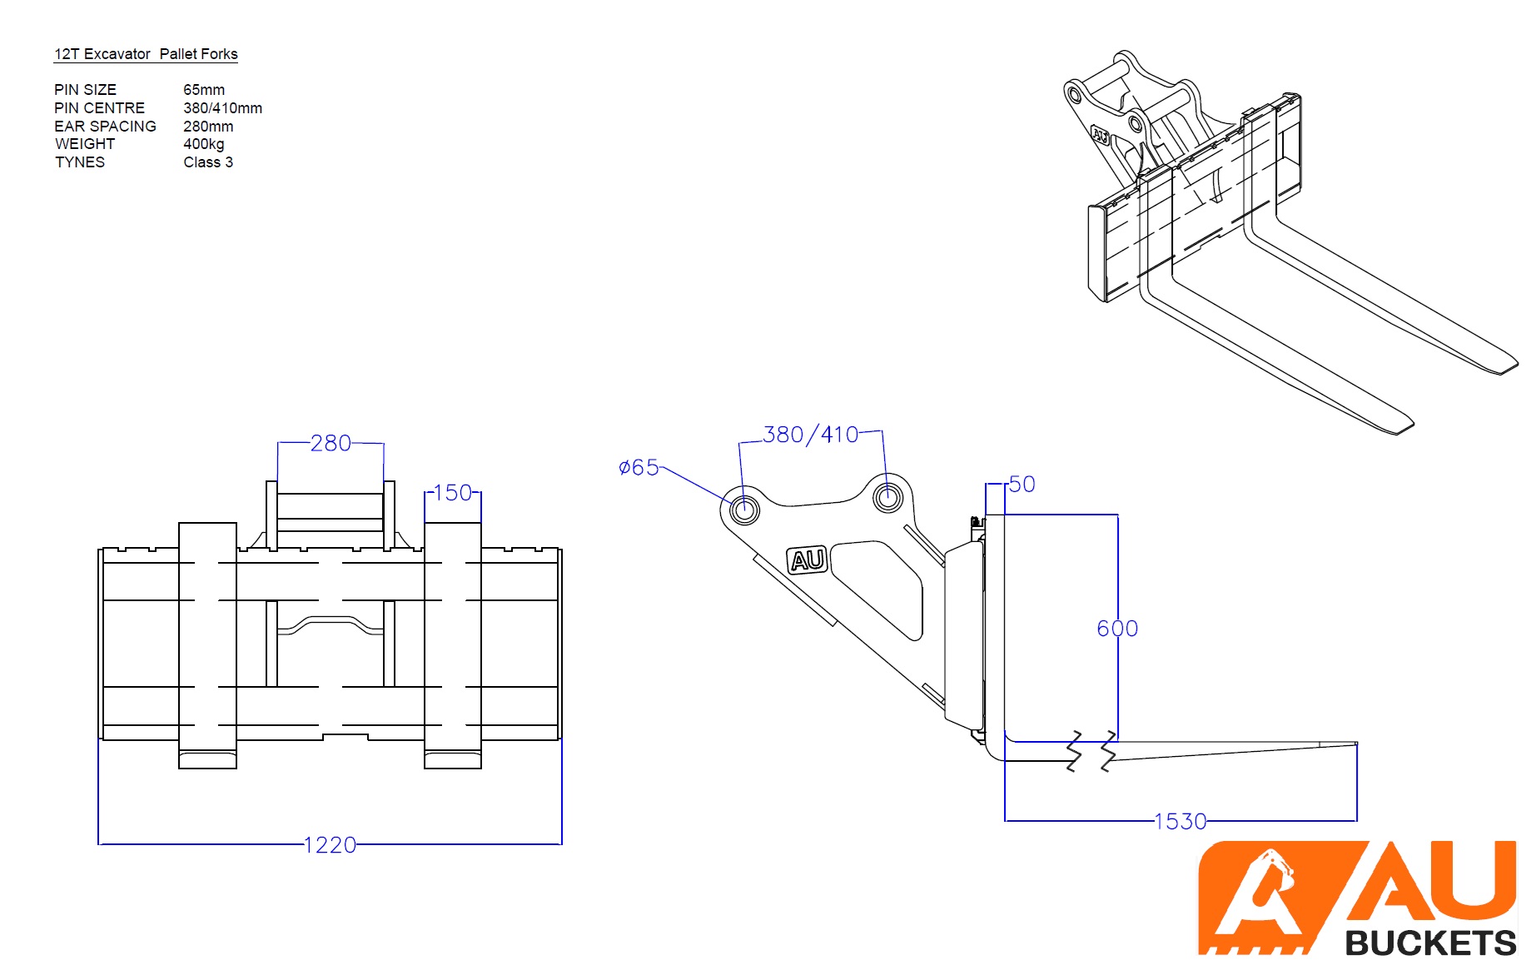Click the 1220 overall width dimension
click(330, 845)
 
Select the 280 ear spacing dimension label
click(331, 443)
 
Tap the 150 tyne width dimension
click(453, 493)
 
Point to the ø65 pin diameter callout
click(639, 468)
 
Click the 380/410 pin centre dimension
click(810, 435)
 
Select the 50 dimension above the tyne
click(1021, 484)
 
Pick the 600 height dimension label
click(1117, 629)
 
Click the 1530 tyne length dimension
click(1180, 822)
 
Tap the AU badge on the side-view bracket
click(807, 560)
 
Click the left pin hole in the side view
click(744, 509)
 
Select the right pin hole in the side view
click(887, 497)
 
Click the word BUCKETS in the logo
click(1430, 943)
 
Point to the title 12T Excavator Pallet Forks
click(146, 54)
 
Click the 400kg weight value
click(204, 144)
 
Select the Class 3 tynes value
click(208, 162)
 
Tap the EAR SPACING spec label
click(105, 127)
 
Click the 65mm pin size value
click(204, 90)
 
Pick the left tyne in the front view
click(207, 644)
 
